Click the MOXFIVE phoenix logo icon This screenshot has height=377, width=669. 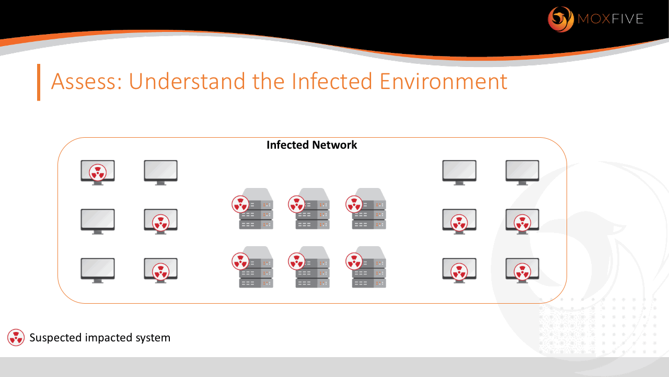click(x=560, y=19)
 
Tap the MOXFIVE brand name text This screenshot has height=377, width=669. click(x=610, y=20)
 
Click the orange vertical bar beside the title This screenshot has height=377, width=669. click(x=39, y=82)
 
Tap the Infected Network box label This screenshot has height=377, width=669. click(x=312, y=145)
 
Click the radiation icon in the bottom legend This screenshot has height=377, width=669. click(x=16, y=338)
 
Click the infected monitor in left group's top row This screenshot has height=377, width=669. click(x=98, y=172)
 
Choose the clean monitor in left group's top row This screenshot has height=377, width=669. click(x=160, y=172)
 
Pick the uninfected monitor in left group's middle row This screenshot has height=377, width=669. click(x=98, y=220)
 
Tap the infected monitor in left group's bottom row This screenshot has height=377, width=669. click(x=160, y=270)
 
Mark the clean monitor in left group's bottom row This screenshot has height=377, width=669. click(x=98, y=270)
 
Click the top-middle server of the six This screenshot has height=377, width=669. click(x=313, y=209)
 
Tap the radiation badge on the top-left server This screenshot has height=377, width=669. click(x=240, y=204)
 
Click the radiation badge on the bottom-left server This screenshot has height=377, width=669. click(x=240, y=261)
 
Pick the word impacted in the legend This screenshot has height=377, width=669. click(x=106, y=338)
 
